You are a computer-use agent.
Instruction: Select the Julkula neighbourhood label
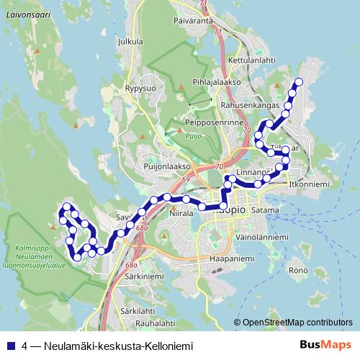click(130, 42)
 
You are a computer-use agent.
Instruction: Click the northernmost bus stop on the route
click(298, 81)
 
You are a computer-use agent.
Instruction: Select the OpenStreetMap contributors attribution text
click(297, 323)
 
